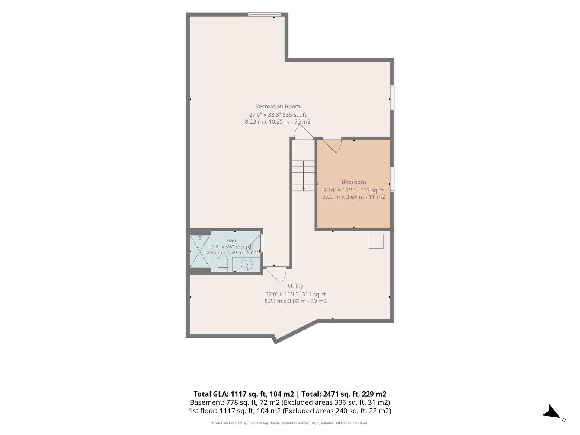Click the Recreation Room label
[x=278, y=107]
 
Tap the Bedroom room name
[x=353, y=182]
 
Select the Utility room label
[x=295, y=286]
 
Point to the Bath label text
[x=232, y=240]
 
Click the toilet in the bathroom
[x=223, y=263]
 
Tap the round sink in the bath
[x=246, y=265]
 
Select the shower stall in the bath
[x=200, y=251]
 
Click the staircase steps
[x=303, y=176]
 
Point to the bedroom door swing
[x=334, y=146]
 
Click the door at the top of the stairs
[x=304, y=132]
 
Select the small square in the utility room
[x=376, y=241]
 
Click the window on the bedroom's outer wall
[x=392, y=179]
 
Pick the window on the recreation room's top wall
[x=264, y=14]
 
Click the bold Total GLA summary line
[x=290, y=394]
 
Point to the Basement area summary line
[x=290, y=402]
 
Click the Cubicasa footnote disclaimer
[x=290, y=423]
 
